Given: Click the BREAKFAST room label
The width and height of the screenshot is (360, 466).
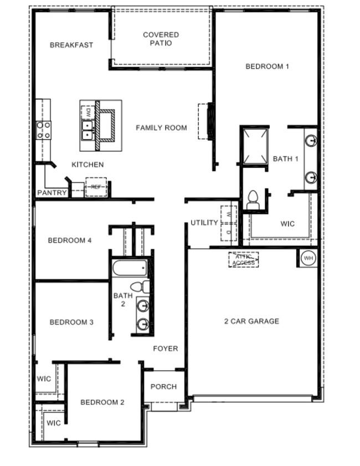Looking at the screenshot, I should click(71, 45).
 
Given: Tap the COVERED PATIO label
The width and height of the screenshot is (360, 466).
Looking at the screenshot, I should click(161, 39).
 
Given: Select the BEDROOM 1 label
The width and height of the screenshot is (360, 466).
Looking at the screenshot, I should click(267, 66).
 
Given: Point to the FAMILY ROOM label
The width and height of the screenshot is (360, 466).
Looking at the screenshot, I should click(161, 127).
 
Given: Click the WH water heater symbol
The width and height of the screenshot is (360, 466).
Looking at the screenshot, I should click(308, 258).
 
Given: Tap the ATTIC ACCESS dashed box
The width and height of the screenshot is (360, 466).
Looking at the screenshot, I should click(244, 259).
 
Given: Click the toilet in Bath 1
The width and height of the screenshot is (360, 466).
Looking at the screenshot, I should click(253, 199).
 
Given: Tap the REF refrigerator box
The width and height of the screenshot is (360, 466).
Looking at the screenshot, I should click(96, 187).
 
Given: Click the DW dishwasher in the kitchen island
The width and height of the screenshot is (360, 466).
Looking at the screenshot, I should click(87, 111).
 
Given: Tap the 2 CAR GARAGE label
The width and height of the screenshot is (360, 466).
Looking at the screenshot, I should click(251, 321).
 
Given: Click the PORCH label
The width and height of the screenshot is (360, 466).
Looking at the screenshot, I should click(163, 387).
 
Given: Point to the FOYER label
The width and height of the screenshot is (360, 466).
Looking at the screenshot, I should click(166, 349).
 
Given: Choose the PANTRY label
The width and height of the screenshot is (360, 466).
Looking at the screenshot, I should click(52, 193).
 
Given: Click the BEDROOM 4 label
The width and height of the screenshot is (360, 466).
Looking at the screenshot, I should click(70, 240).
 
